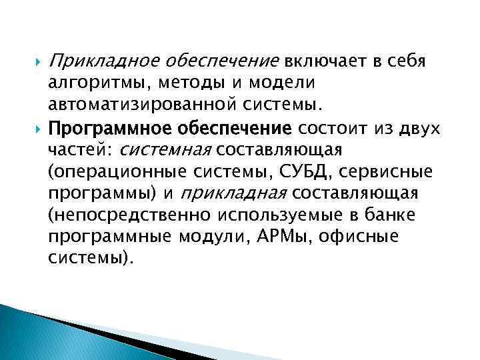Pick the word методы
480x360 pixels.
tap(185, 84)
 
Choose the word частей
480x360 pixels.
tap(74, 149)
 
